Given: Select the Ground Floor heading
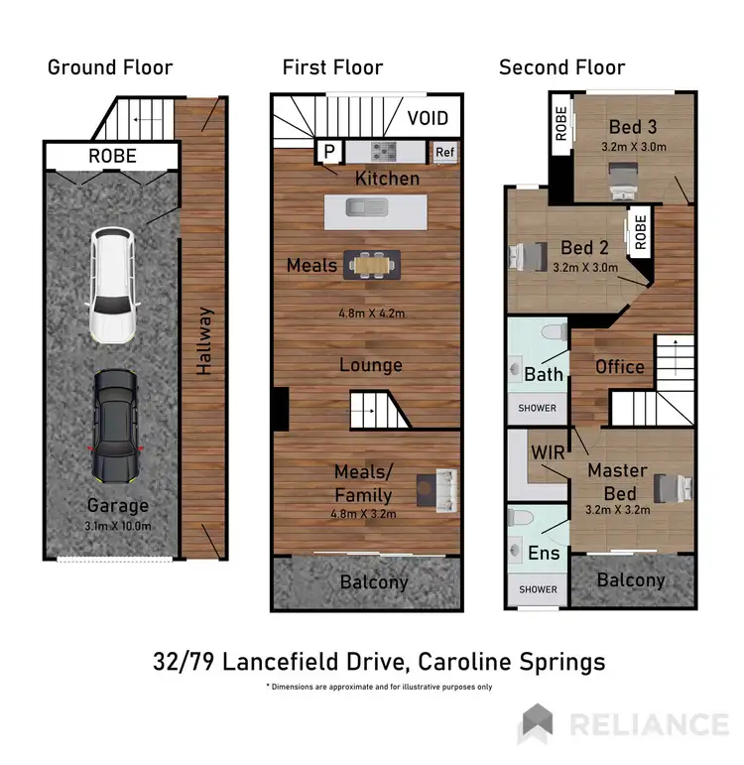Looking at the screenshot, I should (x=110, y=67).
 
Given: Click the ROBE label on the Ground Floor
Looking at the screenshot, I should (x=112, y=156).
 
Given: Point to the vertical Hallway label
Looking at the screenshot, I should (x=203, y=340).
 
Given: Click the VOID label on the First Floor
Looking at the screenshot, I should (x=429, y=118).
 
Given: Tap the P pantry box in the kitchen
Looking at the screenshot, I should (x=327, y=151).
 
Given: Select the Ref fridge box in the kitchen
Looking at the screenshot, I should (x=444, y=152).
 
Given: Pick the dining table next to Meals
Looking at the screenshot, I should (x=372, y=265).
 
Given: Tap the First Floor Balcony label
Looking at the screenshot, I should (x=373, y=581).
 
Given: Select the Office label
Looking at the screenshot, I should (x=619, y=366).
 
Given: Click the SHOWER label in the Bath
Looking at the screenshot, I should (x=537, y=408).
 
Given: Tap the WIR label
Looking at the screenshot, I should (x=549, y=451).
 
